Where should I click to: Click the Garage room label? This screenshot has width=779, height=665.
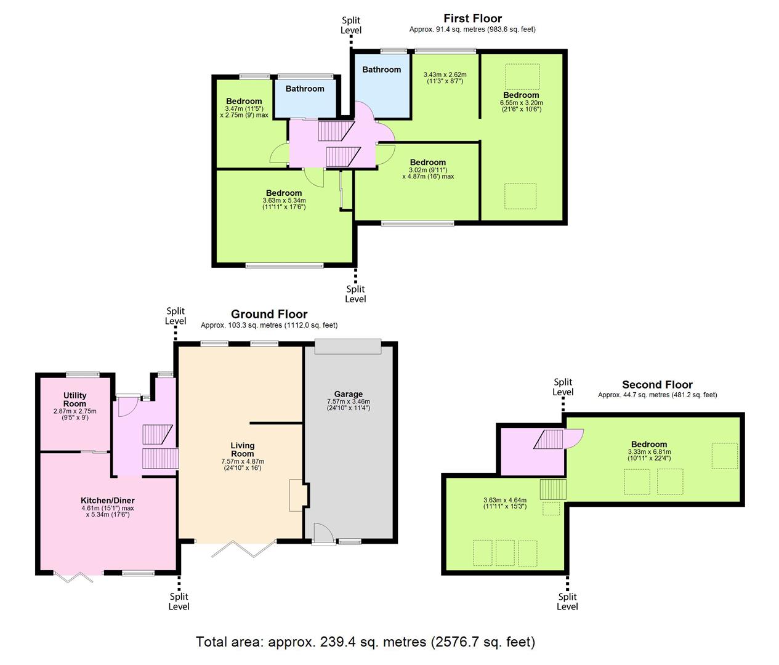(348, 394)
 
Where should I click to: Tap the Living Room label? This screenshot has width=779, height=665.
(243, 449)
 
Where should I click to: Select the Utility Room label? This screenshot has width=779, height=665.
(75, 400)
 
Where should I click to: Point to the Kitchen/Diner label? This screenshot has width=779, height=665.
(107, 501)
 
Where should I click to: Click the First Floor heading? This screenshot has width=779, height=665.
(472, 18)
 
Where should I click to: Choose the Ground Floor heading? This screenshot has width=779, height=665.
(269, 314)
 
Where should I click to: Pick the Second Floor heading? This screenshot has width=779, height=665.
(657, 385)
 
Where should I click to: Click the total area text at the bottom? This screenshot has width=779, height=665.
(365, 642)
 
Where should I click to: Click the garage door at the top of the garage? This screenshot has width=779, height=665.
(348, 347)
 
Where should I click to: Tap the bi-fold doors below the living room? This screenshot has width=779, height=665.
(244, 548)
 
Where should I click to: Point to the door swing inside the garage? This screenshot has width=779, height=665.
(323, 531)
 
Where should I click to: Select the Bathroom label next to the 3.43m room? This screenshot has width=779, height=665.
(381, 70)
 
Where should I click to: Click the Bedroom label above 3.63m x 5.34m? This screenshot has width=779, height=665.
(284, 193)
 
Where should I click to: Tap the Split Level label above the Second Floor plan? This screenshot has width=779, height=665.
(563, 387)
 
